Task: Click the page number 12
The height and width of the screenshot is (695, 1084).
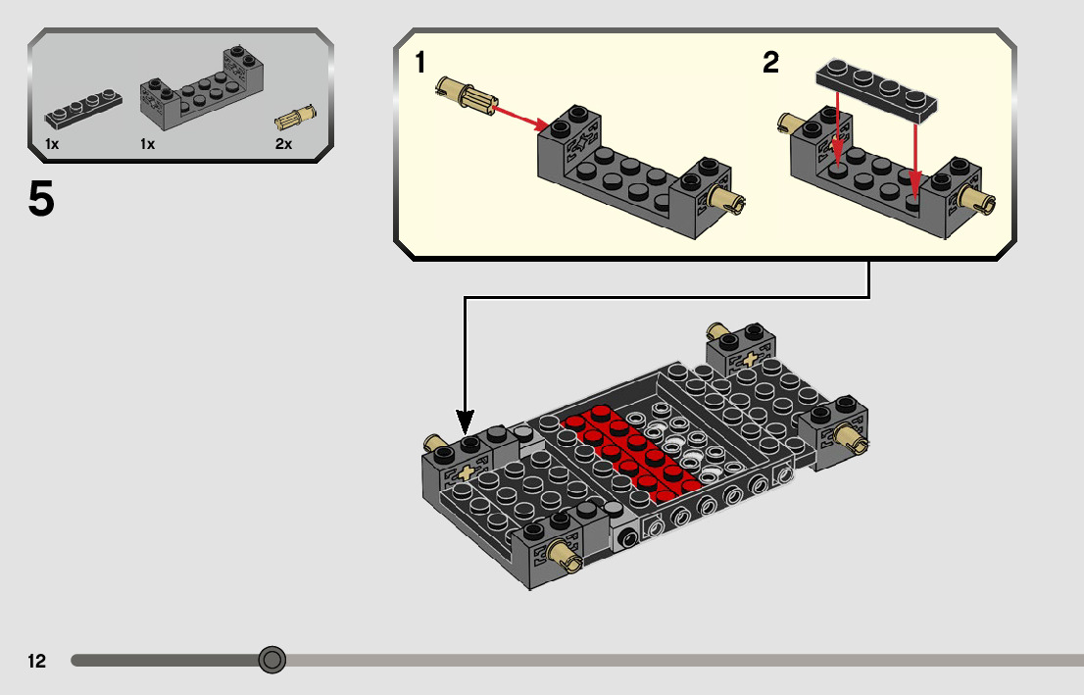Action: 37,661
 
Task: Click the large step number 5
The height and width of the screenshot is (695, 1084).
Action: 41,200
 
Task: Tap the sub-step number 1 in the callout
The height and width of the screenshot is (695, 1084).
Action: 420,64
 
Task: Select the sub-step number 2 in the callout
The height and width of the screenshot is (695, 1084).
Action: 771,64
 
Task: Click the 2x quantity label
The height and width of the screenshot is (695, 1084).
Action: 283,144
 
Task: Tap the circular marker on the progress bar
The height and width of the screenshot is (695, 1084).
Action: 271,660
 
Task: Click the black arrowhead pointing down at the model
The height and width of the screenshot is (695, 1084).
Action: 465,425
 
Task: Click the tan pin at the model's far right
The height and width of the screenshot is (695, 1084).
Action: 850,437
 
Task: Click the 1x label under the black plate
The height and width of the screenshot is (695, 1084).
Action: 52,144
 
